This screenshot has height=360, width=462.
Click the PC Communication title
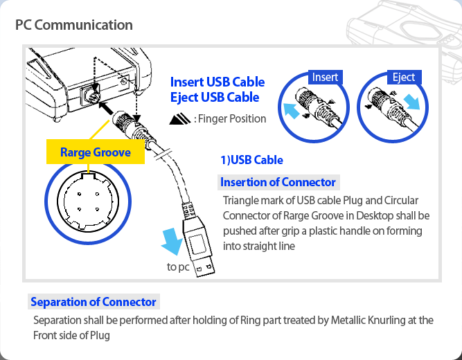click(74, 26)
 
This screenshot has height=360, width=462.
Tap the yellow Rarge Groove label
click(96, 152)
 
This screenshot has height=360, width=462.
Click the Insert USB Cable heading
click(217, 82)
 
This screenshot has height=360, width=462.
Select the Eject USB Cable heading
click(215, 98)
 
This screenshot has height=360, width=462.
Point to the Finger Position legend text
click(231, 118)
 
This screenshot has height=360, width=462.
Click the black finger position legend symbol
click(179, 119)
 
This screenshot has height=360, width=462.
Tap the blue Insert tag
click(325, 76)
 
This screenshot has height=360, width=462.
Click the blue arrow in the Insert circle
click(291, 109)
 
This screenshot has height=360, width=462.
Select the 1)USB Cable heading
click(251, 160)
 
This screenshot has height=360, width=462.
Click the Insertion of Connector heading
click(278, 182)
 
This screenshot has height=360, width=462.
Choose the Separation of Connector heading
click(94, 302)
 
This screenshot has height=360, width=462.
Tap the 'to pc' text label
click(178, 267)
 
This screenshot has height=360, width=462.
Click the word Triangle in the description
click(240, 201)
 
